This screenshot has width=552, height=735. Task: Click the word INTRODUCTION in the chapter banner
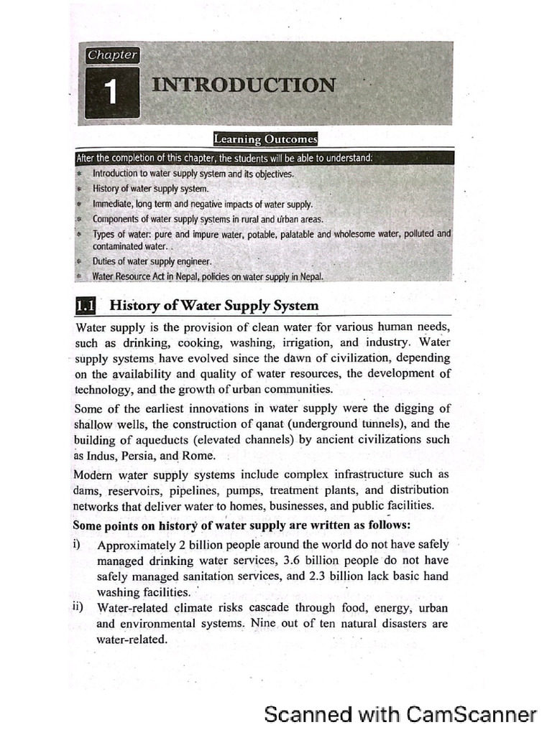pyautogui.click(x=243, y=85)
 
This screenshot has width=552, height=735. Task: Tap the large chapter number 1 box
pyautogui.click(x=111, y=93)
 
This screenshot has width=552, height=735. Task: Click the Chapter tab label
pyautogui.click(x=112, y=55)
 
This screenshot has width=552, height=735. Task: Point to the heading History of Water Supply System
pyautogui.click(x=213, y=305)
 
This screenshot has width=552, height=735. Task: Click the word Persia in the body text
pyautogui.click(x=139, y=456)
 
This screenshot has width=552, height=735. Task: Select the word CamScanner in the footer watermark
pyautogui.click(x=471, y=714)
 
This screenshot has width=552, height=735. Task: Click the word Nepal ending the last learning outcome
pyautogui.click(x=310, y=276)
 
